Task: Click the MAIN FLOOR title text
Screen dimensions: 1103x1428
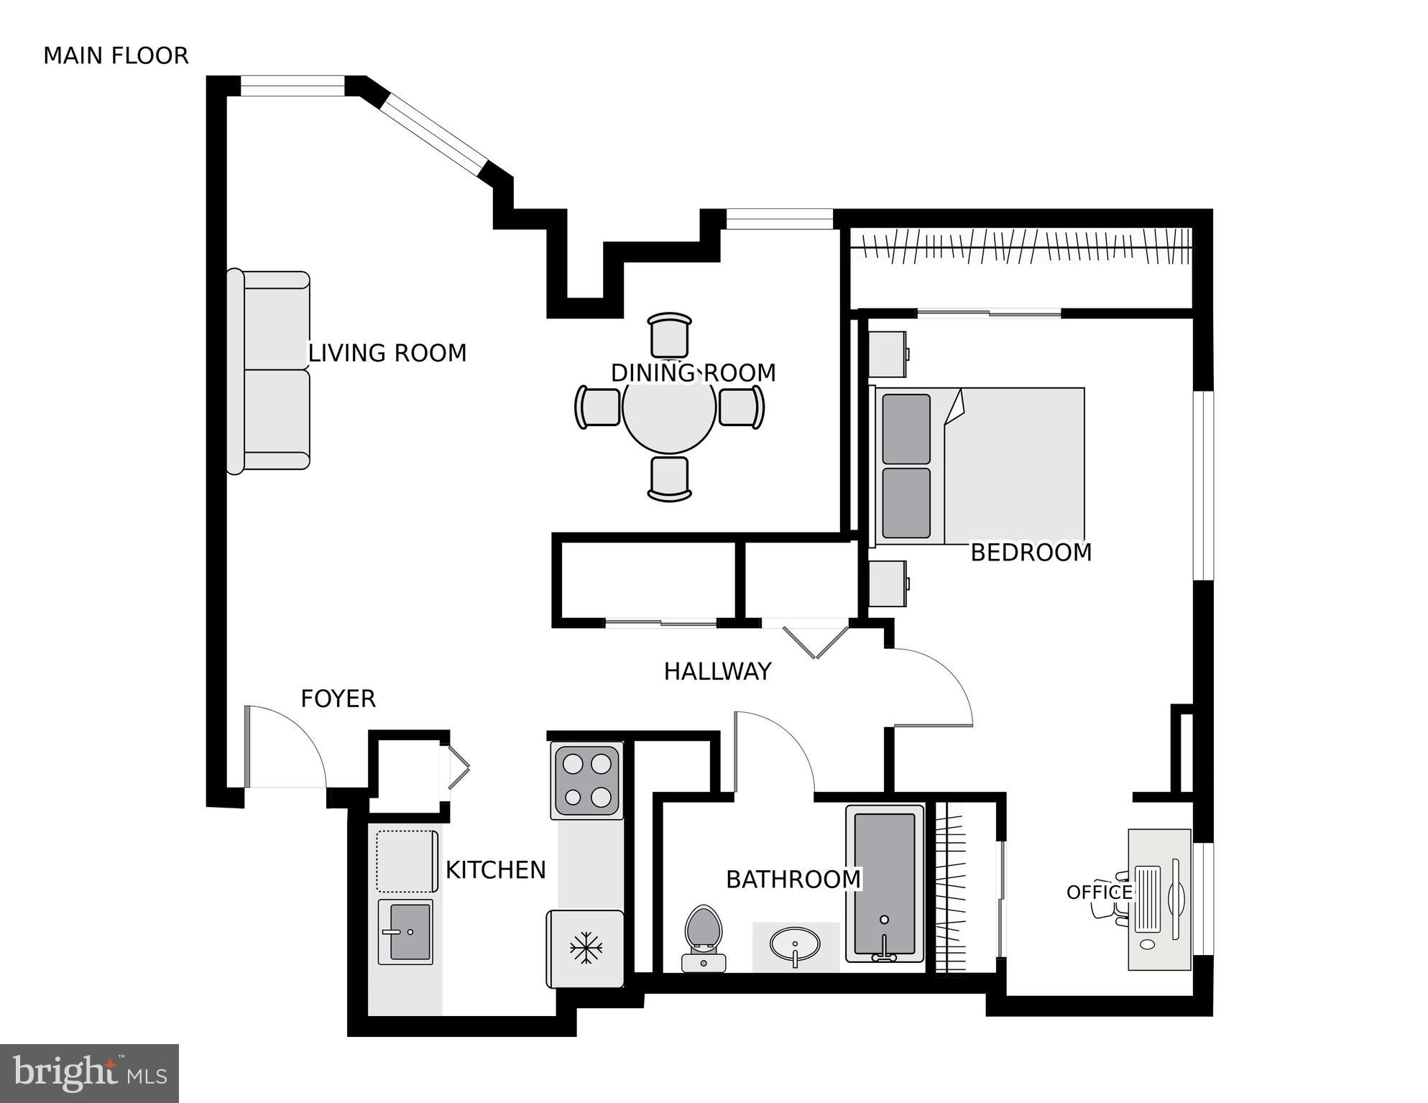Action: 116,56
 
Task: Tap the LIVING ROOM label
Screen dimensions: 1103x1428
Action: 387,353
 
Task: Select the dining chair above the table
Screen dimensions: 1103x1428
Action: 669,336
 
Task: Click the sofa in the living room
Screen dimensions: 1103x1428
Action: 270,371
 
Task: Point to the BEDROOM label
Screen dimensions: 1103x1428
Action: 1031,553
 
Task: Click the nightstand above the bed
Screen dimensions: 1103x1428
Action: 888,354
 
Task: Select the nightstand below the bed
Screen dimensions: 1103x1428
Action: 888,583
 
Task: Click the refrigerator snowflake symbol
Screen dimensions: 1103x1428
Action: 586,949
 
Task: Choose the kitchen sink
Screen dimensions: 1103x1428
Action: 405,932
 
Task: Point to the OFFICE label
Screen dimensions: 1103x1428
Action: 1098,892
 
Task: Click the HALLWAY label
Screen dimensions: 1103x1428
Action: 717,672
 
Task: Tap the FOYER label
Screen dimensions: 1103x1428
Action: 338,698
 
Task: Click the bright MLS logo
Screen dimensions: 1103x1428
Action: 89,1073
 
